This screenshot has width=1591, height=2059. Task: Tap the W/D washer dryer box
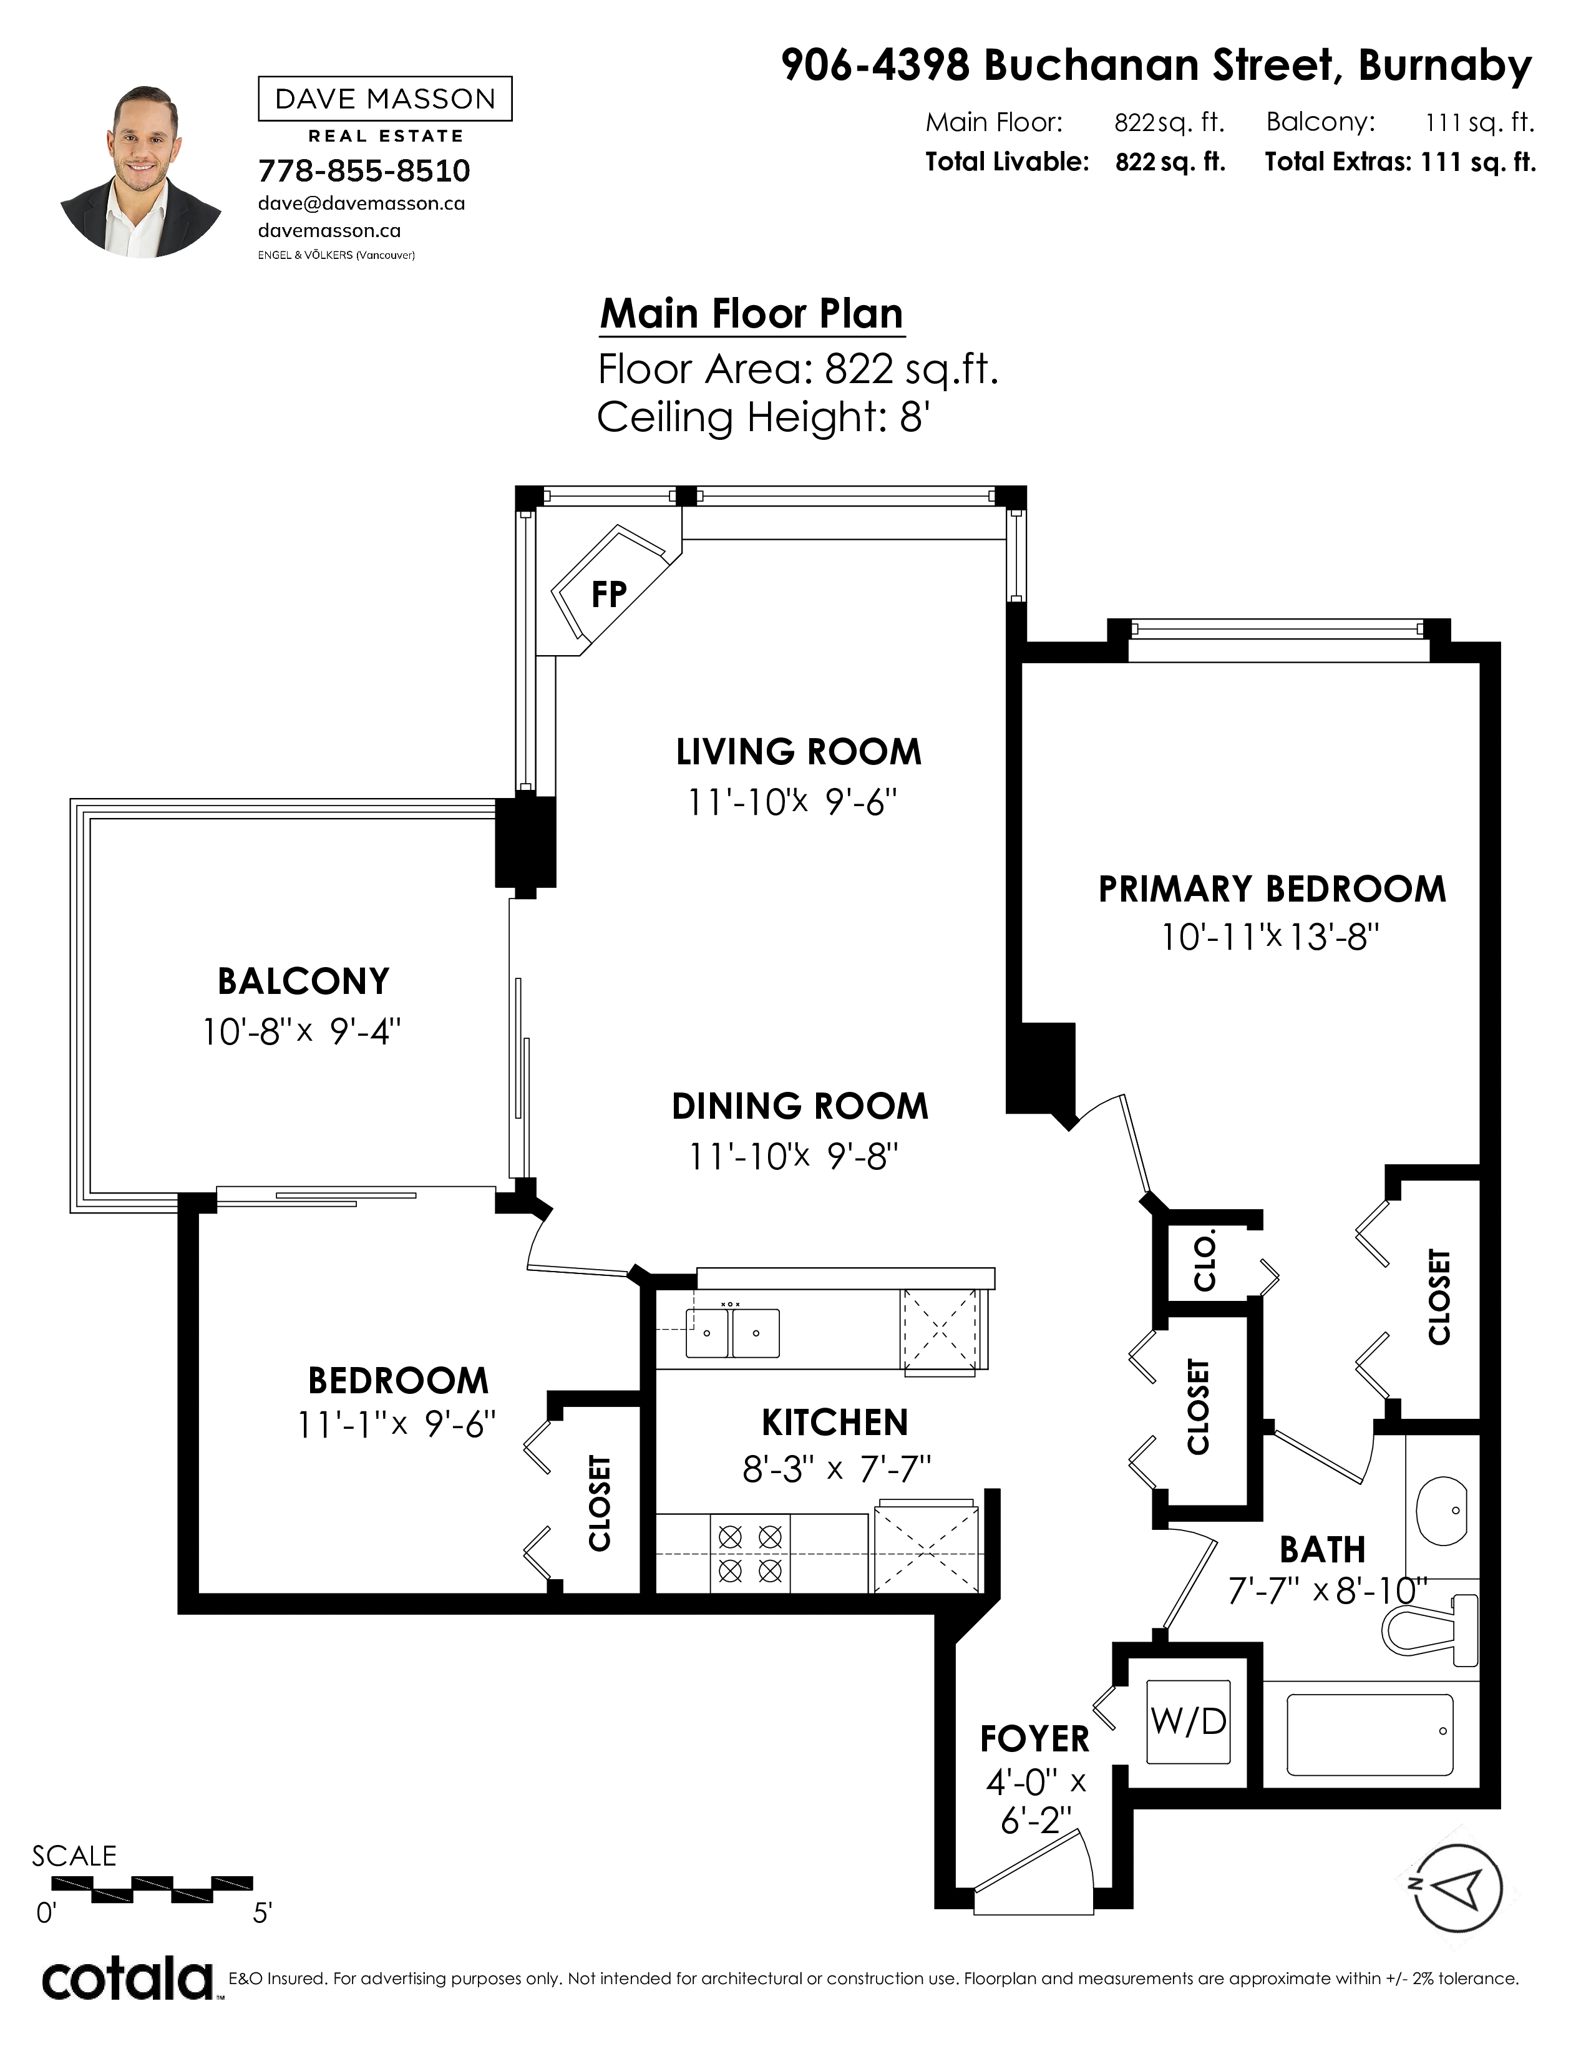1187,1721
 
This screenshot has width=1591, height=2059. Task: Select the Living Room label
799,751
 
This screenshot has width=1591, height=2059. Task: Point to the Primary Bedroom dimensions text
1270,937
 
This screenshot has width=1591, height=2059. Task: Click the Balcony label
303,981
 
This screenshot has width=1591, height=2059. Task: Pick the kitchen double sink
732,1332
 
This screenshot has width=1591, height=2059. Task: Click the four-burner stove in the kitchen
750,1554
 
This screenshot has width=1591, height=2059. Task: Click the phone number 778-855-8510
364,170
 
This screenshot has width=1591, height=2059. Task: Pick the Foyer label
1034,1738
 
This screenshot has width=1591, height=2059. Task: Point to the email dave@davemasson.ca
361,203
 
